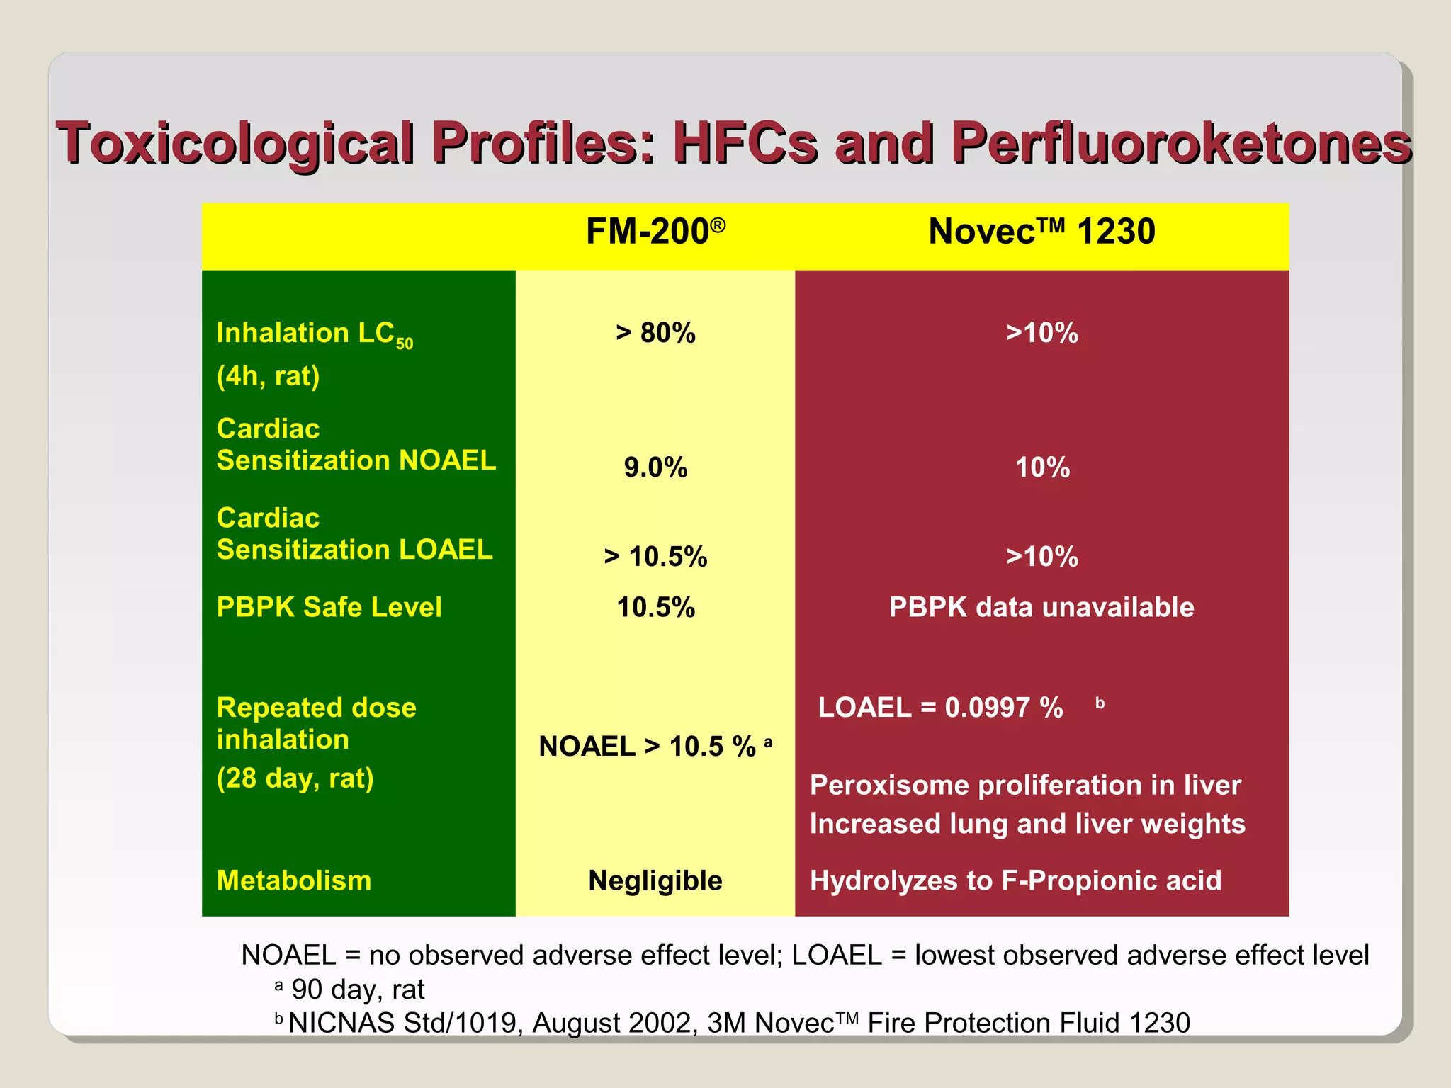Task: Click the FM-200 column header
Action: point(655,232)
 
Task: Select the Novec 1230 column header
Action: point(1041,232)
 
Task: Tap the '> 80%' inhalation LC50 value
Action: point(655,333)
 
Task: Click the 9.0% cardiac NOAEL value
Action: point(655,467)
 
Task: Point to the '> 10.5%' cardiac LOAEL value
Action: point(655,557)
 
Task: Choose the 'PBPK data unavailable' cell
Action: point(1041,607)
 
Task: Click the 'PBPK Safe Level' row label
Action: point(329,607)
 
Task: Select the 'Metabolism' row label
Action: point(294,880)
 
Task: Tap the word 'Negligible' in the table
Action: point(655,880)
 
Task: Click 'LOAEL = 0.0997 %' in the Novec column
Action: point(940,708)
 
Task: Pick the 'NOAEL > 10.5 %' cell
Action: point(648,747)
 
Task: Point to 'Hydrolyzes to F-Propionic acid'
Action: point(1015,880)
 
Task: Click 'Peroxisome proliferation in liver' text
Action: point(1025,785)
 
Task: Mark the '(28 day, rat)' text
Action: point(295,778)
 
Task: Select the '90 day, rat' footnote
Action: point(358,990)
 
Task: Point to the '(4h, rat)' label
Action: point(268,376)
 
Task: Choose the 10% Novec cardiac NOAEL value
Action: point(1041,467)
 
